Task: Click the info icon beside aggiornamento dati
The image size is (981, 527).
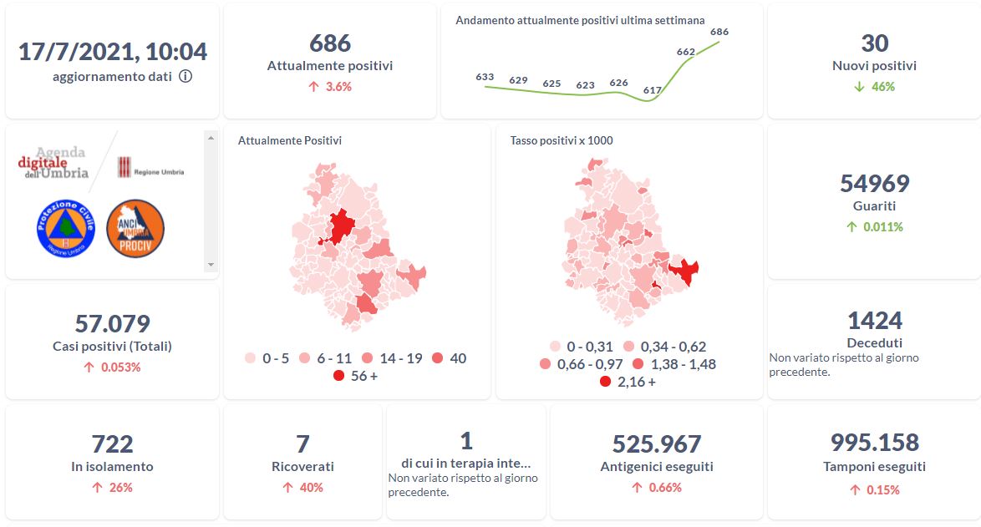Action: point(186,76)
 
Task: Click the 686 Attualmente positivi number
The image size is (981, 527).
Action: point(330,43)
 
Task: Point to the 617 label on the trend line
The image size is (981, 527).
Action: point(653,90)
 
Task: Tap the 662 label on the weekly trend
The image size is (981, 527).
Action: point(686,52)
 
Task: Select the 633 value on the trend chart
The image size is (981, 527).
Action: point(485,77)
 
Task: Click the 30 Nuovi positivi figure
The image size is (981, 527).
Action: point(874,43)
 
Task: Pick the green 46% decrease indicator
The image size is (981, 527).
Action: point(874,86)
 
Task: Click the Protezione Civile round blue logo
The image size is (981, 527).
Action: point(66,228)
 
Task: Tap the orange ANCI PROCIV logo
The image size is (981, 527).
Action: point(135,228)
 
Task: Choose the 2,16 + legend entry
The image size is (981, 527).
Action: point(628,382)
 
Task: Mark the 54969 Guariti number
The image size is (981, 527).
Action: point(874,183)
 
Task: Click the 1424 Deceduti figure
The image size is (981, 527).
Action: point(874,320)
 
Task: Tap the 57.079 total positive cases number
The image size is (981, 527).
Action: point(112,323)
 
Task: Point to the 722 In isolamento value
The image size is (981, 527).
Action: point(112,443)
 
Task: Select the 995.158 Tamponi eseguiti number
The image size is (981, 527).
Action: point(874,442)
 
